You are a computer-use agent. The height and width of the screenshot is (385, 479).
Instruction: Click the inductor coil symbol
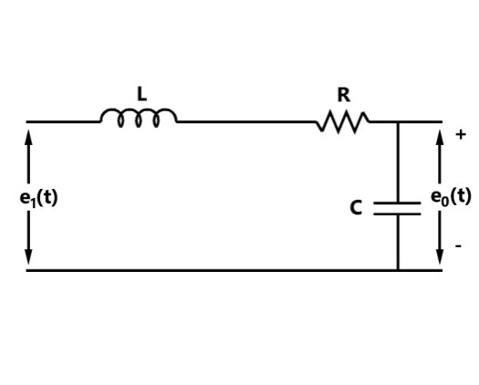(x=139, y=109)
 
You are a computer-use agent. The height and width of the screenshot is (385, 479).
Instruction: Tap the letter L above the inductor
(x=142, y=94)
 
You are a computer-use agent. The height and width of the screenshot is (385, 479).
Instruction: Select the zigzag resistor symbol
(x=342, y=122)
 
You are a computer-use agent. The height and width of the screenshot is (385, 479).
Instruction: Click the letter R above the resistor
(x=344, y=95)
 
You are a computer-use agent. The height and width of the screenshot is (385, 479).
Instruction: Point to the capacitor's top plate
(x=397, y=203)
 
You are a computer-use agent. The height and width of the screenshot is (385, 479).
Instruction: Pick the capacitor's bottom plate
(x=397, y=213)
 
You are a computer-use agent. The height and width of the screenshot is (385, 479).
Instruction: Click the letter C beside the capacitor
(x=356, y=208)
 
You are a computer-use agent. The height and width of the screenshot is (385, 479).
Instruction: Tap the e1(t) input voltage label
(x=38, y=198)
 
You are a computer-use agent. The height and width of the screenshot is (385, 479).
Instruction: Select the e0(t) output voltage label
(x=451, y=196)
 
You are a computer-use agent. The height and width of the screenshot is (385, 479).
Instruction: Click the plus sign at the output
(x=461, y=134)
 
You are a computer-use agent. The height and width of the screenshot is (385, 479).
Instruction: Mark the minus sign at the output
(x=459, y=245)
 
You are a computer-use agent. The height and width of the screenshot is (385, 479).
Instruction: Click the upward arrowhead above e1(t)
(x=28, y=137)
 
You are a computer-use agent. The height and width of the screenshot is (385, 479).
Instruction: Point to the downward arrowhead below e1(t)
(x=28, y=256)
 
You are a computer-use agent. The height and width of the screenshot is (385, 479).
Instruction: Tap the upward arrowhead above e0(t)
(x=440, y=137)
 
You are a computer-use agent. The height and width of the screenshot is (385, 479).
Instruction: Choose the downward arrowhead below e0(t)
(x=440, y=256)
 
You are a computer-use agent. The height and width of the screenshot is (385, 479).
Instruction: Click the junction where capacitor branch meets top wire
(x=398, y=122)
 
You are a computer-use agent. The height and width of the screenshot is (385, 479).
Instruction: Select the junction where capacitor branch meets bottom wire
(x=398, y=270)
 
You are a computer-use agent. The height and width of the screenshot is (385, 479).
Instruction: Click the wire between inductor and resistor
(x=246, y=122)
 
